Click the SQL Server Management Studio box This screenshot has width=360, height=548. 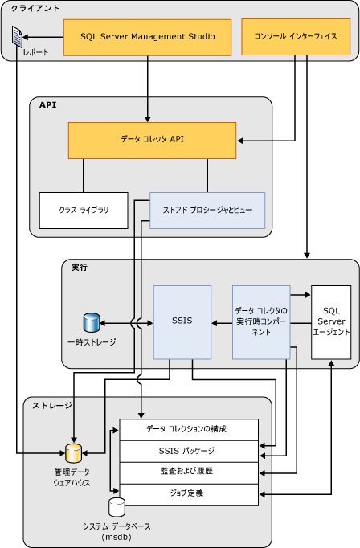pos(147,37)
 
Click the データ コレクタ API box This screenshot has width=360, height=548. pos(152,140)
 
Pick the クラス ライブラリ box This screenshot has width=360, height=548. pos(84,210)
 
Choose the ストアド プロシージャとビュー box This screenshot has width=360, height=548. pos(207,210)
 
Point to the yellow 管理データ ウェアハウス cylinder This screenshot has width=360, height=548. pos(73,453)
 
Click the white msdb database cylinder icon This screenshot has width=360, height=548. pos(117,507)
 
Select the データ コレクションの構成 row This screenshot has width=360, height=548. pos(188,429)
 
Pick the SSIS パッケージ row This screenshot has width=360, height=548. pos(188,451)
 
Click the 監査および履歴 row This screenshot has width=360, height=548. pos(188,472)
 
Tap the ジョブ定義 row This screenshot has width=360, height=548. pos(188,493)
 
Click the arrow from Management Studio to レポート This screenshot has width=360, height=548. pos(44,37)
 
